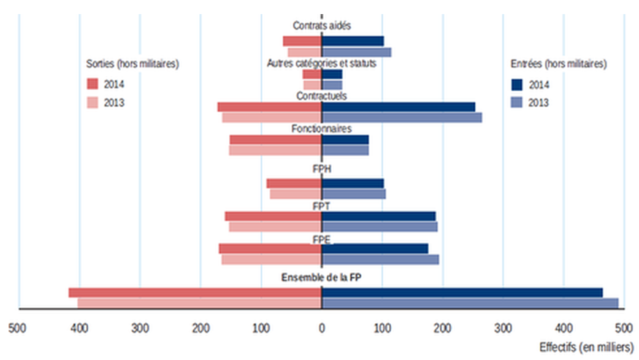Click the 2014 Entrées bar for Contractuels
[398, 107]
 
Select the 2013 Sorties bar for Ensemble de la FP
[199, 302]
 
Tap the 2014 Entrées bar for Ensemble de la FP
[462, 293]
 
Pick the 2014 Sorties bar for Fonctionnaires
[275, 140]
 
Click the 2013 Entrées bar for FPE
[380, 259]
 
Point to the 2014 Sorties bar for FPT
[273, 216]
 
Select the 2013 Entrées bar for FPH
[354, 194]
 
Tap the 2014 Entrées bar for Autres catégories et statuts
[332, 74]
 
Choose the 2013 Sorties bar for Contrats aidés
[305, 52]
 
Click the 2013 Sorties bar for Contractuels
[272, 117]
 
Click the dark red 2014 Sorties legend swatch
[92, 84]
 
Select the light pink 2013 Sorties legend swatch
[92, 102]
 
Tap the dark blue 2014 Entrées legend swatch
[516, 84]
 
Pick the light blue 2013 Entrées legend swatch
[516, 102]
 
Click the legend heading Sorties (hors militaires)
[132, 63]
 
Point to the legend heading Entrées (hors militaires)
[558, 63]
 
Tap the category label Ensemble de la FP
[321, 277]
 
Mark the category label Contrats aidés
[321, 25]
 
